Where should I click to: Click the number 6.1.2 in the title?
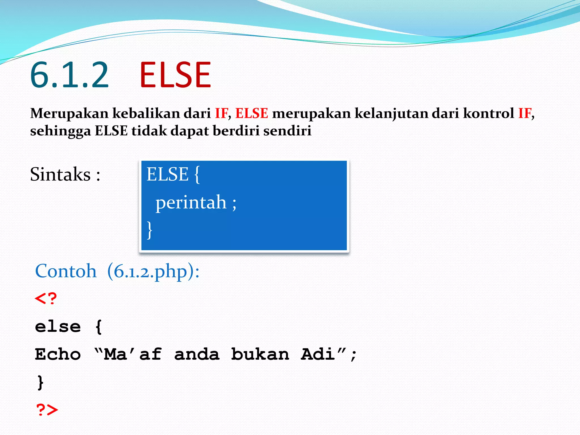69,75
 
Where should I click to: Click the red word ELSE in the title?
175,75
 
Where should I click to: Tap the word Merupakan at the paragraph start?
69,114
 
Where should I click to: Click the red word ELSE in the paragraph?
251,114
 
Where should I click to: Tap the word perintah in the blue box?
191,203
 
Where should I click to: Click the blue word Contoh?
66,271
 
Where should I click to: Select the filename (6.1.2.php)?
153,272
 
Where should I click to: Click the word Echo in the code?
58,354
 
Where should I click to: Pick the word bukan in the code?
260,354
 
